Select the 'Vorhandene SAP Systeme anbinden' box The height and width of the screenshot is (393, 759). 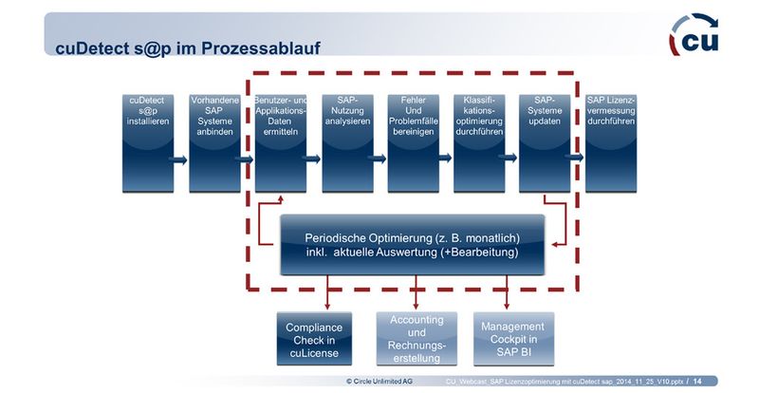(213, 142)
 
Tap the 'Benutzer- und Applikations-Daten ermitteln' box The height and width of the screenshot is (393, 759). (280, 142)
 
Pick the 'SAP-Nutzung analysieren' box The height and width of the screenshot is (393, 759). (346, 142)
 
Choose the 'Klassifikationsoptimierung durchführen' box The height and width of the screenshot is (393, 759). (478, 142)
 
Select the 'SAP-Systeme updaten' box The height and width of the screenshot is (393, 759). (545, 142)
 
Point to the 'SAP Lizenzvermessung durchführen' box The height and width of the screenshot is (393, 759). (612, 142)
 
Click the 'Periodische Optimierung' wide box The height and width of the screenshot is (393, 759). (412, 245)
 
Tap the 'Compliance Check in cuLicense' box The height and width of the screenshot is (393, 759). (314, 339)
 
